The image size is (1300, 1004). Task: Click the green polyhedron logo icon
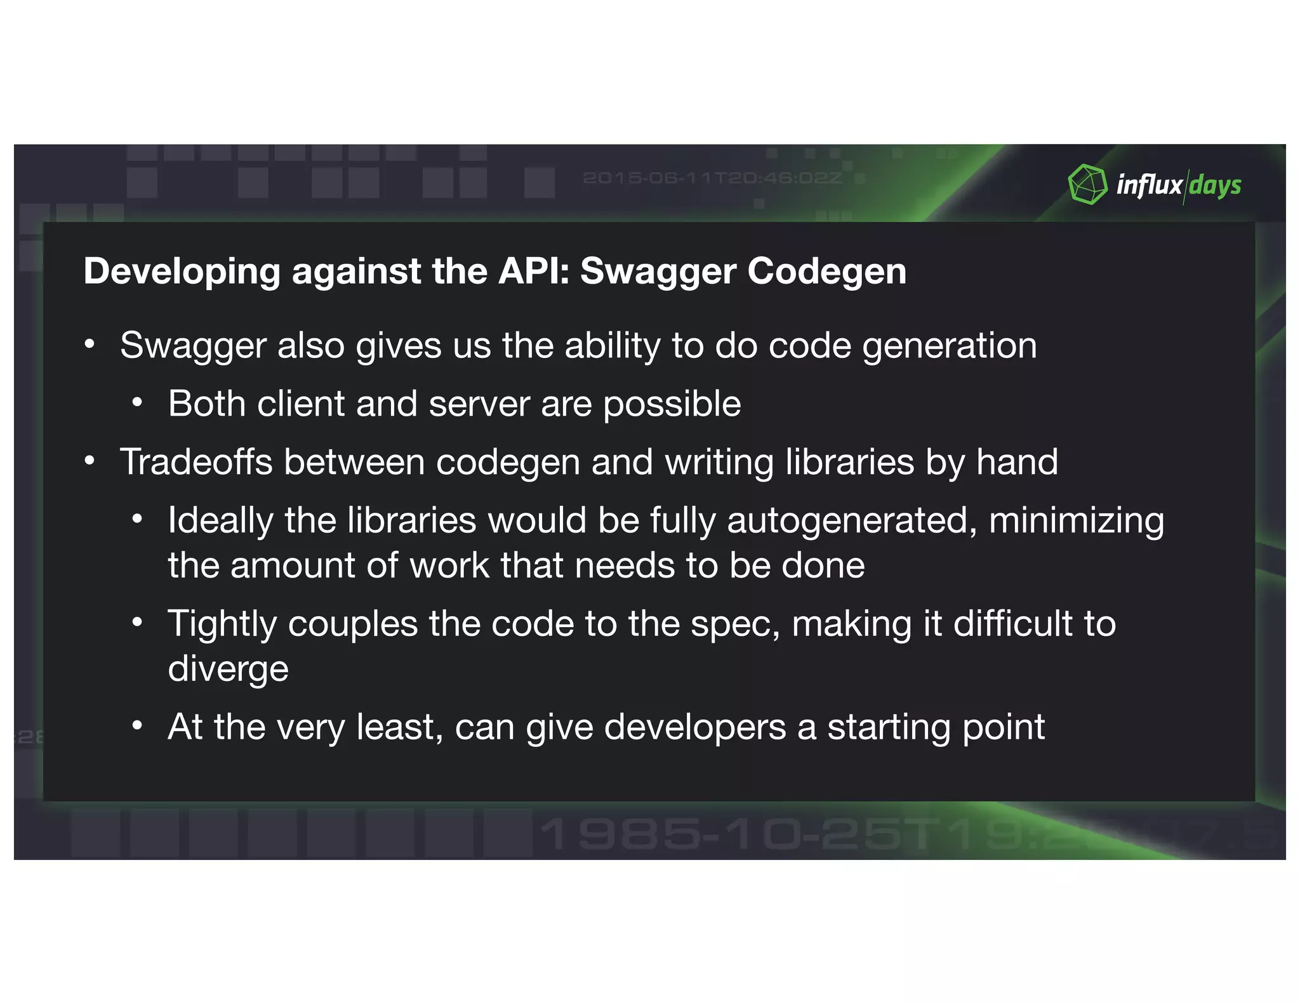[1087, 185]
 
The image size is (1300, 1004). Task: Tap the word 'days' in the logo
[1215, 186]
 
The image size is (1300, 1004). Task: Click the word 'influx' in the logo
[1149, 185]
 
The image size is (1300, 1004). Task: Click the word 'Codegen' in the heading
[826, 272]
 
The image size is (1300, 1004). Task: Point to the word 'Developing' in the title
[182, 272]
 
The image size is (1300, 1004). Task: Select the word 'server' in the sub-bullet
[479, 404]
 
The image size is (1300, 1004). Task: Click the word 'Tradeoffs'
[196, 461]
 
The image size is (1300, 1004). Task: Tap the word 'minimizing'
[1077, 521]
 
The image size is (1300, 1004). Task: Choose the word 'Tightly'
[222, 624]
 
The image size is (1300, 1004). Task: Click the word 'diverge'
[228, 670]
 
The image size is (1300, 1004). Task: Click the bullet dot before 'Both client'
[137, 402]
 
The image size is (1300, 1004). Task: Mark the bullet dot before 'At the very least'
[137, 725]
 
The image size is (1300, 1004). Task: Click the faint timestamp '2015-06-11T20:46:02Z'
[712, 178]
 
